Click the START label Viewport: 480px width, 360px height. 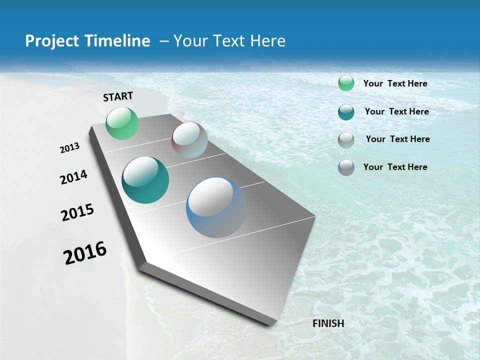point(118,96)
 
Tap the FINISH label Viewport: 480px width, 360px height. point(328,323)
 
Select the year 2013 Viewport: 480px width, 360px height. point(70,148)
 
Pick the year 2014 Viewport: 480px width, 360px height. point(73,177)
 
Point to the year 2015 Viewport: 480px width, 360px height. point(77,212)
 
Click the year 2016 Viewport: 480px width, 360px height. point(85,252)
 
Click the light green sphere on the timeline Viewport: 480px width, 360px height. point(122,123)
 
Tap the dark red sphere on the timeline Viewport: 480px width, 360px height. point(189,140)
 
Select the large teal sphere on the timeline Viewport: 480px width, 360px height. point(145,180)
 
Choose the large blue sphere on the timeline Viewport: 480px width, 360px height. point(216,207)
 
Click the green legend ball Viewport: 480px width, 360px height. point(346,83)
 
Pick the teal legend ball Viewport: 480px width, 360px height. point(346,112)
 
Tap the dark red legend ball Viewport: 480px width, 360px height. point(346,140)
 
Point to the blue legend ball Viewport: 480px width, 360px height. point(346,167)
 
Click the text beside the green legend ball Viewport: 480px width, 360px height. point(395,83)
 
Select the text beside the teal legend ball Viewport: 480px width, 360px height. point(396,111)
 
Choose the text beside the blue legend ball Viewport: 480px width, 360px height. point(395,167)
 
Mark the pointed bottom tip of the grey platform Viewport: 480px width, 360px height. point(270,324)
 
